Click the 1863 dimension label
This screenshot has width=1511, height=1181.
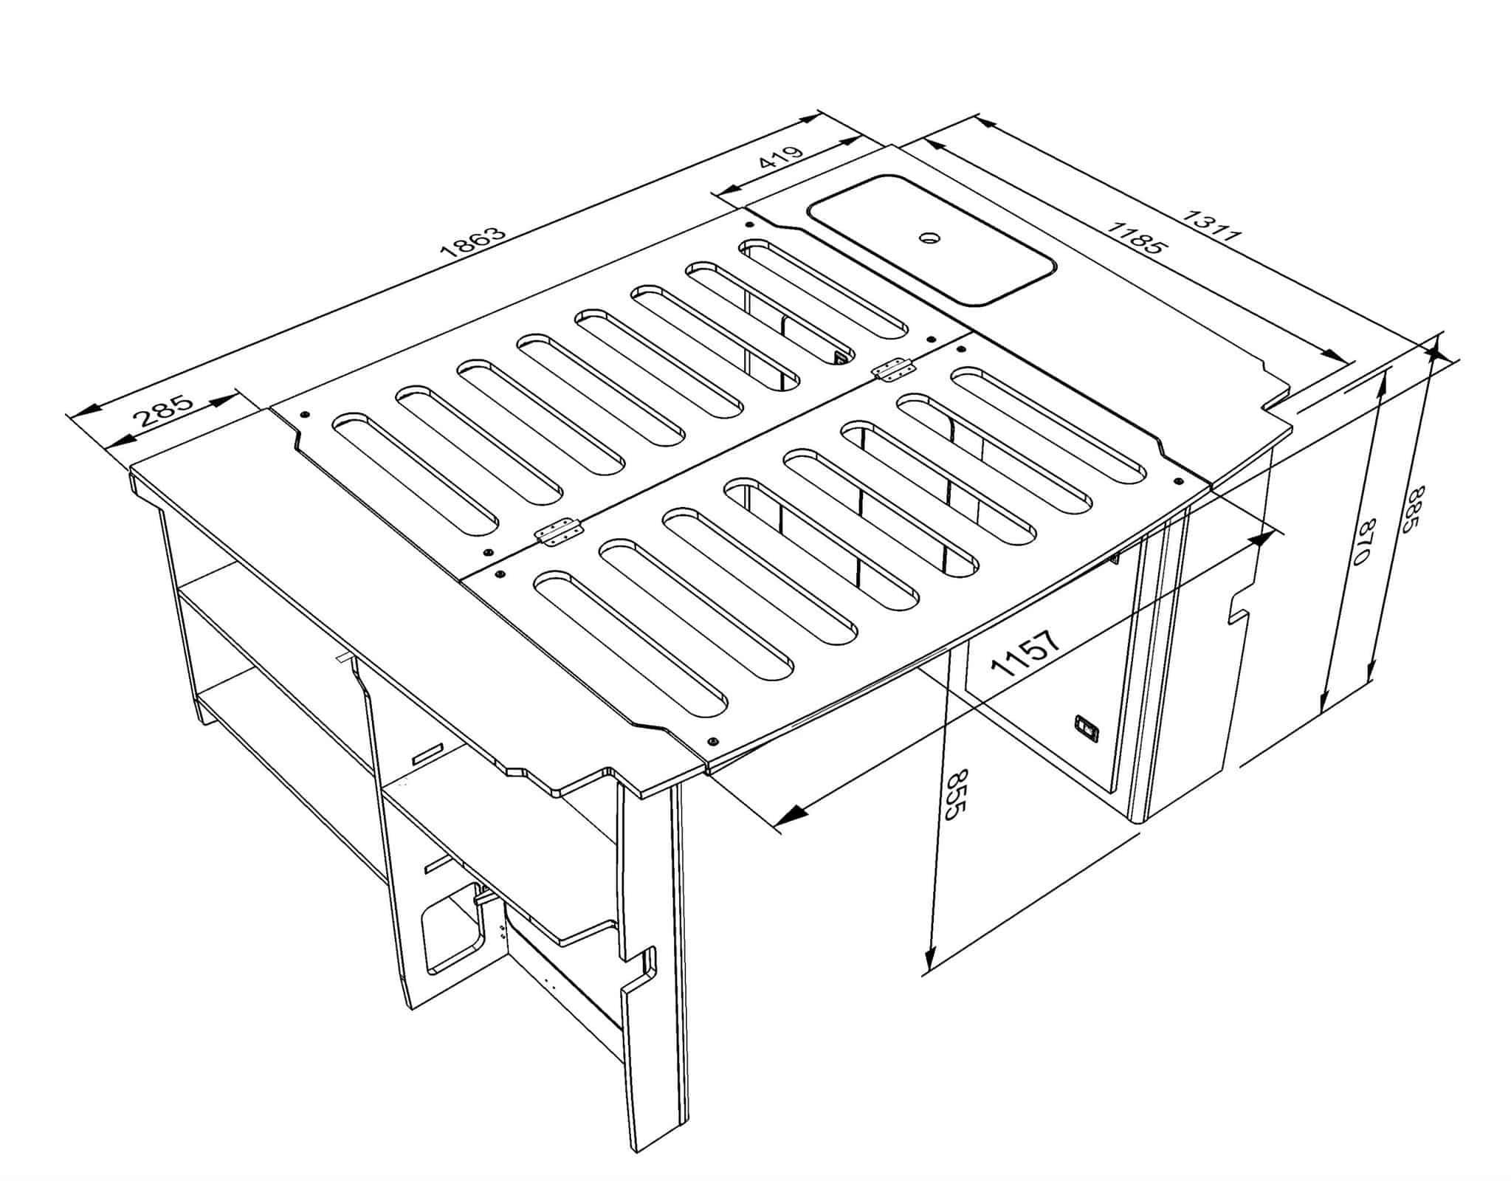click(x=474, y=241)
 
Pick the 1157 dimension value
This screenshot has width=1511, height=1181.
click(x=1027, y=653)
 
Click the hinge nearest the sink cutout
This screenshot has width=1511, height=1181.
click(x=892, y=368)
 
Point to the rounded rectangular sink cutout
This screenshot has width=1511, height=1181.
click(x=932, y=239)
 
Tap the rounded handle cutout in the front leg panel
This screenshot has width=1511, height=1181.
click(x=451, y=932)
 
